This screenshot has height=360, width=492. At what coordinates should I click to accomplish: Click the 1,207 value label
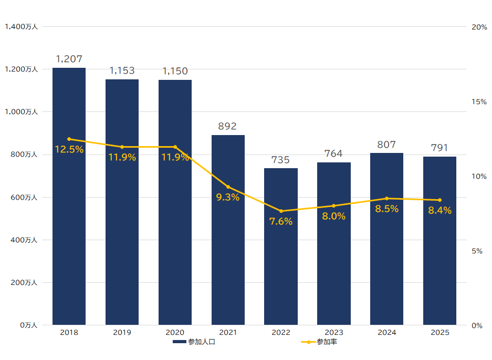(x=69, y=59)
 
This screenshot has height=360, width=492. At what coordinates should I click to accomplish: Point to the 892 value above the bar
(x=228, y=126)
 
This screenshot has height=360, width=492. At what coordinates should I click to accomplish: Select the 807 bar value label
(x=386, y=145)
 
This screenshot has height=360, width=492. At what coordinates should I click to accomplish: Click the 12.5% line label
(x=69, y=149)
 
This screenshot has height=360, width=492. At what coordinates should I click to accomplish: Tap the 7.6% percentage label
(x=281, y=221)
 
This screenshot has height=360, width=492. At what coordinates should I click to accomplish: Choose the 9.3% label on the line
(x=228, y=197)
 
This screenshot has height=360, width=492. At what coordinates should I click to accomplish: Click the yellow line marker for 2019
(x=122, y=147)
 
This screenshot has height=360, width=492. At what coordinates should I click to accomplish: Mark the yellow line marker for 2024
(x=387, y=198)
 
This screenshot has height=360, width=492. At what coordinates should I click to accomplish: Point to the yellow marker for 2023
(x=334, y=205)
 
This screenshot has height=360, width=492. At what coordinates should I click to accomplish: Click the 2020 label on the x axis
(x=175, y=333)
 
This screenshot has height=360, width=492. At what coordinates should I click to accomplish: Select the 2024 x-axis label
(x=386, y=333)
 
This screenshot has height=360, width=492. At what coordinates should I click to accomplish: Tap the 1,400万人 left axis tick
(x=21, y=26)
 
